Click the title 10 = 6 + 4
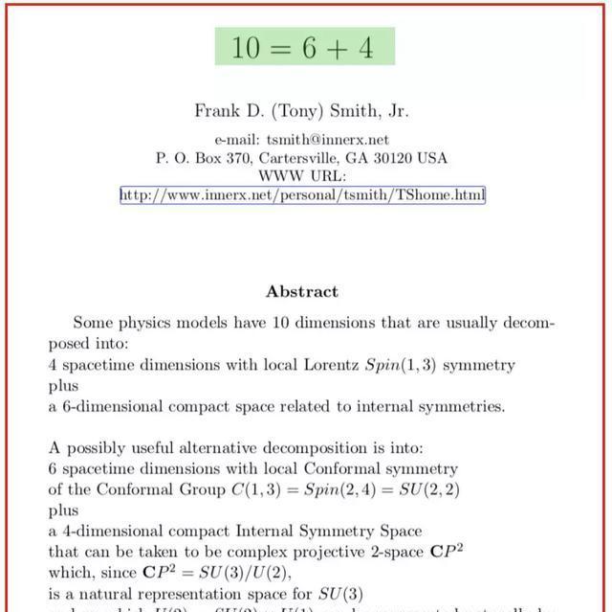pyautogui.click(x=303, y=47)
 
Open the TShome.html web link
pyautogui.click(x=302, y=195)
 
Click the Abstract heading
pyautogui.click(x=302, y=291)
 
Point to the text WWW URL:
pyautogui.click(x=302, y=176)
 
